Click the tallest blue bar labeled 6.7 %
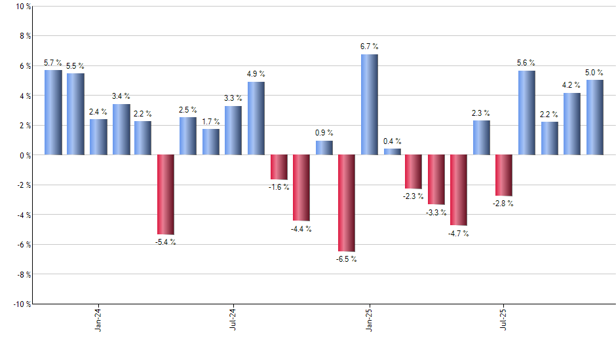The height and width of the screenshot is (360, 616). tap(369, 105)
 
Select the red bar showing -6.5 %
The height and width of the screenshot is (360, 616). tap(347, 203)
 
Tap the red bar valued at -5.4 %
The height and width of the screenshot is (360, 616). tap(166, 194)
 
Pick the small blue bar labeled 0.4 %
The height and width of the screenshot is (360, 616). tap(392, 152)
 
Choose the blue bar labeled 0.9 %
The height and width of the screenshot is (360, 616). tap(324, 148)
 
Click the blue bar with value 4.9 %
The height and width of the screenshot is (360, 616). tap(256, 118)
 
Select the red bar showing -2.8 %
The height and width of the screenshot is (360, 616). tap(504, 175)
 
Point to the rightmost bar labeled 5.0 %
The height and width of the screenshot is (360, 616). tap(594, 117)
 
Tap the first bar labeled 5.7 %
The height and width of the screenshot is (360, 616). tap(53, 113)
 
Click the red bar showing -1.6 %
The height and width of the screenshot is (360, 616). tap(279, 167)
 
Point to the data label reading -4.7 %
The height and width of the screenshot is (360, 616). tap(459, 234)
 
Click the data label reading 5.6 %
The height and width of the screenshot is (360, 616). tap(526, 63)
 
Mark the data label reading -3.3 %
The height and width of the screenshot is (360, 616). tap(436, 213)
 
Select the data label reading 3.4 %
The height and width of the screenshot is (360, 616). tap(121, 96)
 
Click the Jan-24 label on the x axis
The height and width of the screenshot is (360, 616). tap(98, 321)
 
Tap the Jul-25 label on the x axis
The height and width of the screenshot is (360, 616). tap(503, 321)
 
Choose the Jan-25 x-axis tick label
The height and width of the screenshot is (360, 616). tap(368, 321)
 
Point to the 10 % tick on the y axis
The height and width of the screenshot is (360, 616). tap(22, 7)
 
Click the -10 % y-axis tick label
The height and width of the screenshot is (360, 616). tap(21, 304)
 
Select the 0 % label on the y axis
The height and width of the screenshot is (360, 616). tap(24, 155)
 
